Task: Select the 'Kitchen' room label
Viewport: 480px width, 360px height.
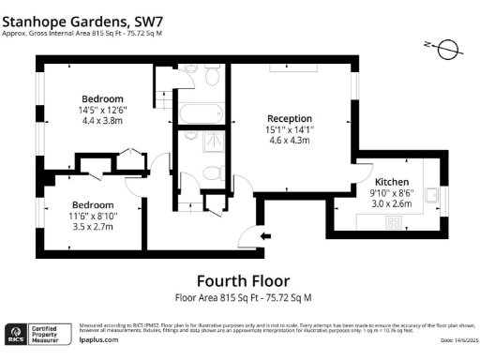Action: click(392, 181)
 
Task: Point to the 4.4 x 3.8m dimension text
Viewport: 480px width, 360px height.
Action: click(102, 120)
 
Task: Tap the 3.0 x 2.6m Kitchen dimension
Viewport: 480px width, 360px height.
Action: click(392, 203)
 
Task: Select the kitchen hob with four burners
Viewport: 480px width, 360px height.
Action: click(395, 223)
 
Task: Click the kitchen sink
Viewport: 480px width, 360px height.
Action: click(432, 195)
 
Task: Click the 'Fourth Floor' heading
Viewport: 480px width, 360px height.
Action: click(242, 280)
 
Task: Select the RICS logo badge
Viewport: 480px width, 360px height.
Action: click(16, 333)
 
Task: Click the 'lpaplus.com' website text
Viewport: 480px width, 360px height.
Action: click(97, 341)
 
